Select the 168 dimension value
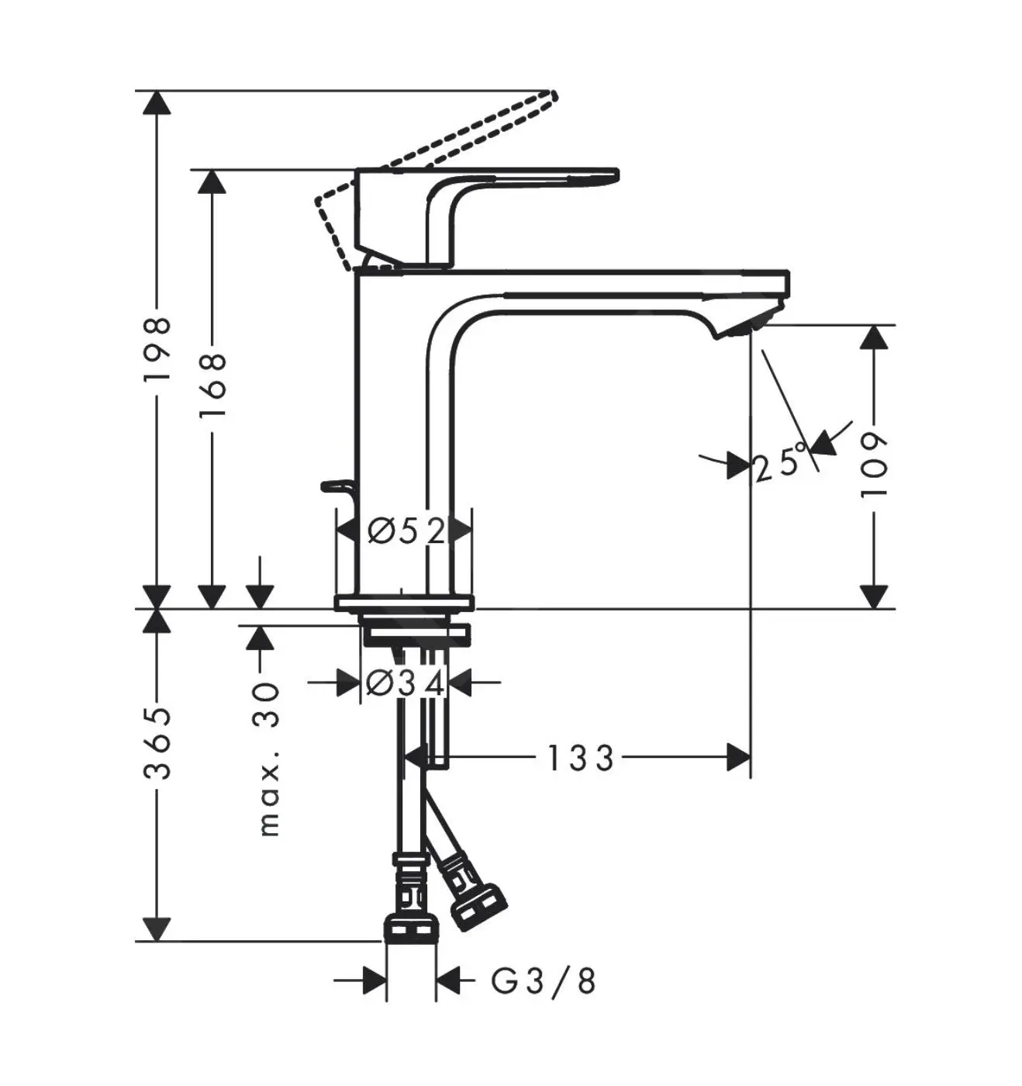(212, 385)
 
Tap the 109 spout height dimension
(874, 465)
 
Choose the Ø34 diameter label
(404, 683)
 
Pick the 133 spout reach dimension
(581, 758)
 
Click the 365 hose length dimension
(157, 742)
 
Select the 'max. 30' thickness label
(268, 759)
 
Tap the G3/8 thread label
(544, 981)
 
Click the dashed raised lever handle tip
(551, 96)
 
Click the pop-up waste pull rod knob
(332, 486)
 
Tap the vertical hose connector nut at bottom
(411, 928)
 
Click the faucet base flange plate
(403, 602)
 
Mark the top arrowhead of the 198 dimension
(157, 102)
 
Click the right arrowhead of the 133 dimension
(738, 757)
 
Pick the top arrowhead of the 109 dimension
(874, 337)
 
